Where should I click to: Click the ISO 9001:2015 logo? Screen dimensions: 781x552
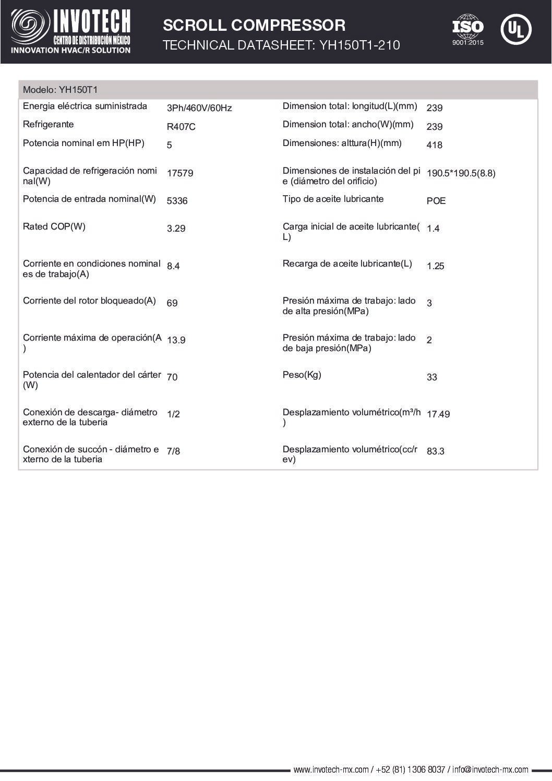pos(467,29)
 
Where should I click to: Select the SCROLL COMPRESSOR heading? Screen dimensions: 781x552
pos(254,25)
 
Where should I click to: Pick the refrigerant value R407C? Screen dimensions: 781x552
pos(181,127)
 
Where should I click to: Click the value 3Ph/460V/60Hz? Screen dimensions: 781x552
pos(199,108)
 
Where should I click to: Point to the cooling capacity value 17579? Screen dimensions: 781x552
pos(179,173)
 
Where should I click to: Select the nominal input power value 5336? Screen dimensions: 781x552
pos(177,201)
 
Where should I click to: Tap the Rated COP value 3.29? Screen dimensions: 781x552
pos(176,229)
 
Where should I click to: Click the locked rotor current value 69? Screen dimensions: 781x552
pos(172,303)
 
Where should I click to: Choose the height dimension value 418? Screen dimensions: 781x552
pos(434,145)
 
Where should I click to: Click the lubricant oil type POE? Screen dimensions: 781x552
pos(436,201)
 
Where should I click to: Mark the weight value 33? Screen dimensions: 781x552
pos(431,377)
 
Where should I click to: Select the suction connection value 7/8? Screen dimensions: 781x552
pos(173,451)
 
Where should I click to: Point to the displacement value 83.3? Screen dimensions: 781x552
pos(435,451)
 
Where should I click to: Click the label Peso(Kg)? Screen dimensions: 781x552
pos(302,375)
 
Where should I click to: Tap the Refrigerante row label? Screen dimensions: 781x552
pos(48,124)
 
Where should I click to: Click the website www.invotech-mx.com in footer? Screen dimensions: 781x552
pos(331,770)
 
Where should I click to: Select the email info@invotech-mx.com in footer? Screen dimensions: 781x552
pos(490,770)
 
